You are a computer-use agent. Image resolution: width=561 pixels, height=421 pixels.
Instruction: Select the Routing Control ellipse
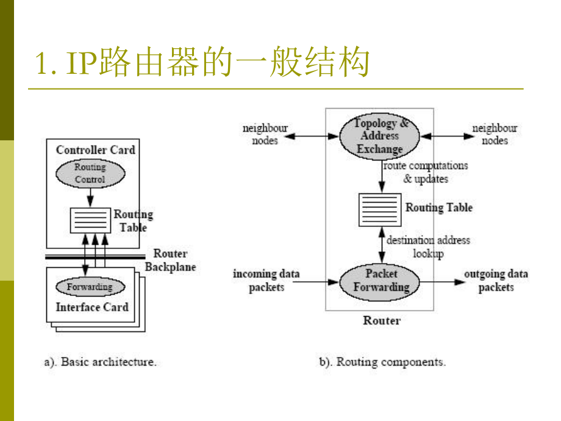point(90,173)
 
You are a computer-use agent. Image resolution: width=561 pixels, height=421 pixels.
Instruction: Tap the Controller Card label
point(96,150)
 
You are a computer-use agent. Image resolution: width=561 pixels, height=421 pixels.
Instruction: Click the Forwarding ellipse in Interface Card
point(90,287)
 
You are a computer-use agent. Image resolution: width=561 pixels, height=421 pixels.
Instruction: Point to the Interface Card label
point(92,307)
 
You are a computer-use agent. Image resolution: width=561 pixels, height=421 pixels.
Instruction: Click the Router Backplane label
point(170,260)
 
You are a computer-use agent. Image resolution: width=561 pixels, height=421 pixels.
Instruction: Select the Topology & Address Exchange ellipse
point(380,136)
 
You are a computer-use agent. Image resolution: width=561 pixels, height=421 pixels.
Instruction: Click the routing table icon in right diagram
point(379,210)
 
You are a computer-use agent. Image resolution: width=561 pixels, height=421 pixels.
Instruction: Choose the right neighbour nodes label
point(495,134)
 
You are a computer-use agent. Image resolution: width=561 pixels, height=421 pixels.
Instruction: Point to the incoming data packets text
point(266,280)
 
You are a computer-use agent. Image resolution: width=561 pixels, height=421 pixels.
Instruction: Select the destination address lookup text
point(428,246)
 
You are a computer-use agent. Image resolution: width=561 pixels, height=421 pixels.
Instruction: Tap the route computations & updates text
point(426,172)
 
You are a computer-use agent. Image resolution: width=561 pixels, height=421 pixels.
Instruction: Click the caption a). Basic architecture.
point(100,362)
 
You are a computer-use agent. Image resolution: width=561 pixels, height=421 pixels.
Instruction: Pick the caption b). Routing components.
point(382,362)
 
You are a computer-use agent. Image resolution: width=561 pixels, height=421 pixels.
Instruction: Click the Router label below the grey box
point(382,320)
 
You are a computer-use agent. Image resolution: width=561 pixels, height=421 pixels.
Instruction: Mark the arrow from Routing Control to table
point(90,197)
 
